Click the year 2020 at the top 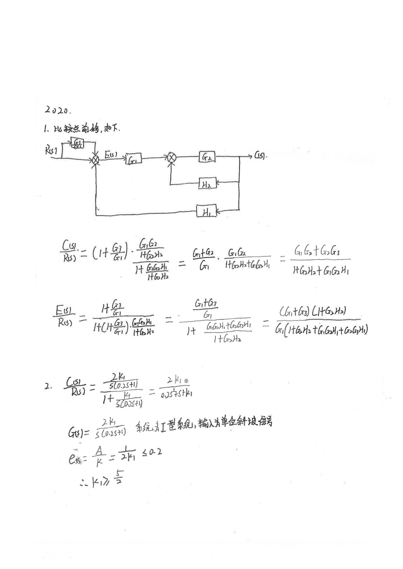57,110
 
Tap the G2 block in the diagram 207,157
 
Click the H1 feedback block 206,212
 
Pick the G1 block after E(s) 133,159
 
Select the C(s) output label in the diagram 260,156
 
